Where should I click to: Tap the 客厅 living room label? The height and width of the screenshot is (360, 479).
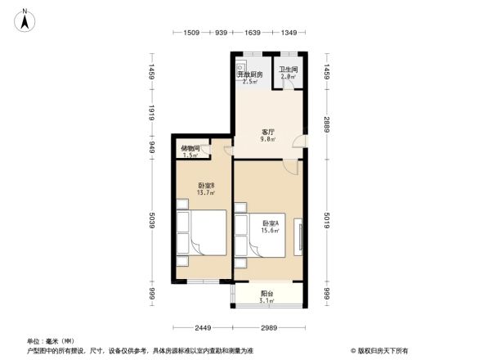point(267,132)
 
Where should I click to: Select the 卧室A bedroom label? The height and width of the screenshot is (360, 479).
point(271,223)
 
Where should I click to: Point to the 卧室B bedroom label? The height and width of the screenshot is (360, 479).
point(206,186)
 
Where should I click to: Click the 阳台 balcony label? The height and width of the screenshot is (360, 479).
point(267,294)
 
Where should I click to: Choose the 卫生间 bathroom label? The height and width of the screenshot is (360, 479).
point(289,70)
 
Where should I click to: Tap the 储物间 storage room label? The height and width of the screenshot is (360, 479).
point(190,148)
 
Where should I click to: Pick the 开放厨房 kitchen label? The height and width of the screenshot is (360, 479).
point(249,74)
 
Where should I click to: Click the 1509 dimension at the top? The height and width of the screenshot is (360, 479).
point(192,33)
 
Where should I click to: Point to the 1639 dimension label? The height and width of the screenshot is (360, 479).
point(252,33)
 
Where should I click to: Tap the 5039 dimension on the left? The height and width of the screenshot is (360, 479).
point(151,223)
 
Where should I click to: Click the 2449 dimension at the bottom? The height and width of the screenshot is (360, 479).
point(203,328)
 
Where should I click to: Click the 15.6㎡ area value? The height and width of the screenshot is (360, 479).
point(271,231)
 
